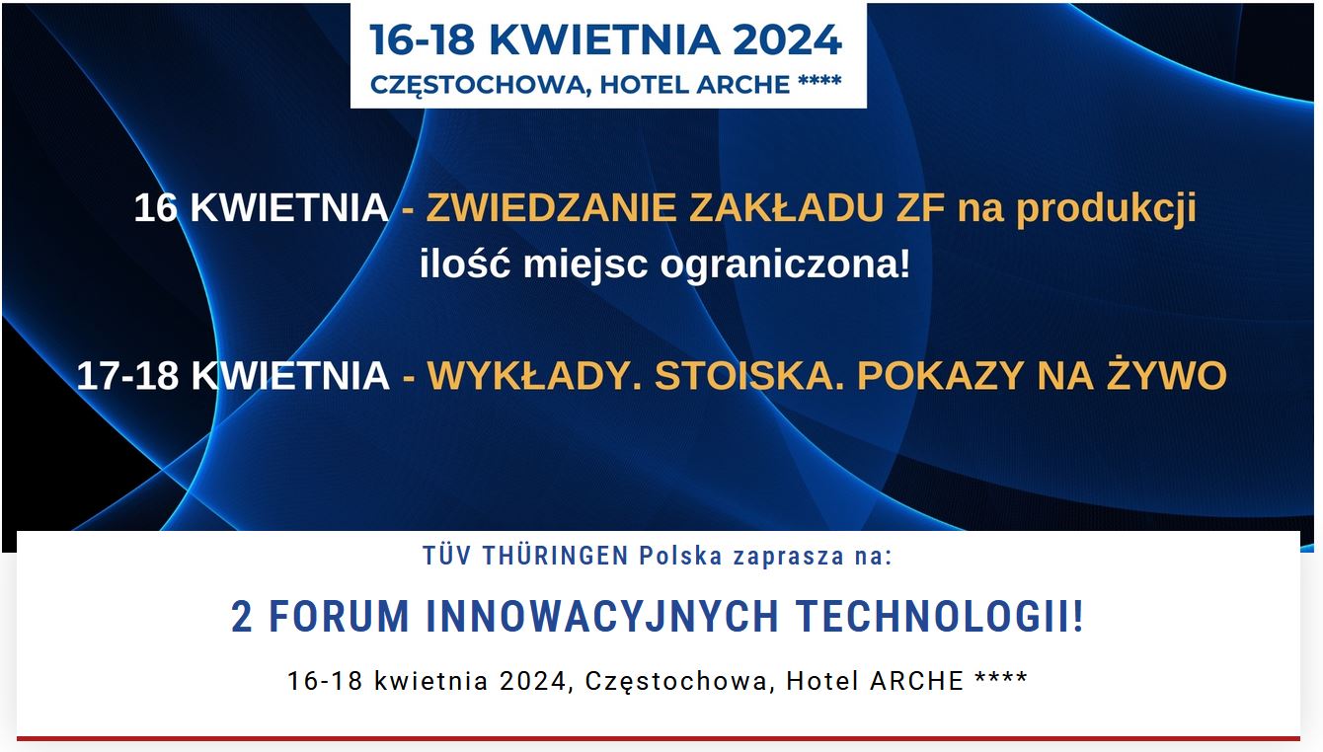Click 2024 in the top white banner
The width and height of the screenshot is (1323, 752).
tap(786, 39)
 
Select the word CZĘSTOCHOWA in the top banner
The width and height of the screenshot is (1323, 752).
tap(479, 85)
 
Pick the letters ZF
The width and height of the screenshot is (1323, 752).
tap(921, 208)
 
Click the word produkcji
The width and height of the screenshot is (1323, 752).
tap(1106, 208)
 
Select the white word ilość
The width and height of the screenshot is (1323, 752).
tap(465, 264)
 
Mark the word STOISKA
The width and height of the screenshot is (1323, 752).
tap(749, 376)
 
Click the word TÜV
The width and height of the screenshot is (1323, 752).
tap(447, 556)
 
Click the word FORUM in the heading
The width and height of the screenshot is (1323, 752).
tap(339, 618)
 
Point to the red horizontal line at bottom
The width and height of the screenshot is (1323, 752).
tap(659, 738)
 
